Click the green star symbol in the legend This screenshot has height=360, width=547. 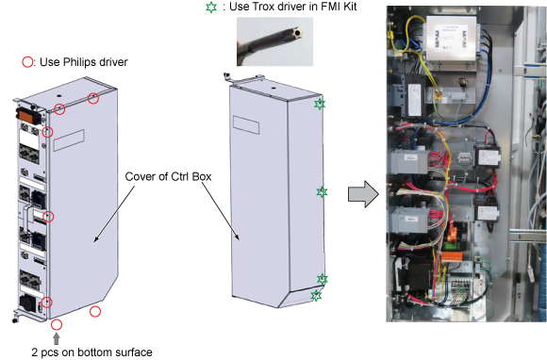click(x=211, y=7)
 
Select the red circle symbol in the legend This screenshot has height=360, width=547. click(x=27, y=62)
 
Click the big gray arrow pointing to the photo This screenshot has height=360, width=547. click(x=363, y=194)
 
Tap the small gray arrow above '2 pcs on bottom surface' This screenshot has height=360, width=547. click(x=57, y=338)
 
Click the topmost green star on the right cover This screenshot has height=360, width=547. click(x=320, y=104)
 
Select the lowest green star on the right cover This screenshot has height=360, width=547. click(x=316, y=296)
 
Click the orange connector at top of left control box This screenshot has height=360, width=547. click(x=25, y=115)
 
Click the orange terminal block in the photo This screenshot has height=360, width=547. click(x=452, y=257)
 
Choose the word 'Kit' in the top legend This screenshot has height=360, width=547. click(x=349, y=7)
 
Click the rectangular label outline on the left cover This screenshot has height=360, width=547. click(x=69, y=140)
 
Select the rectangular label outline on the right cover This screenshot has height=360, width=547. click(x=246, y=125)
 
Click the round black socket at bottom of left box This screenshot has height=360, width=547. click(x=28, y=303)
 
